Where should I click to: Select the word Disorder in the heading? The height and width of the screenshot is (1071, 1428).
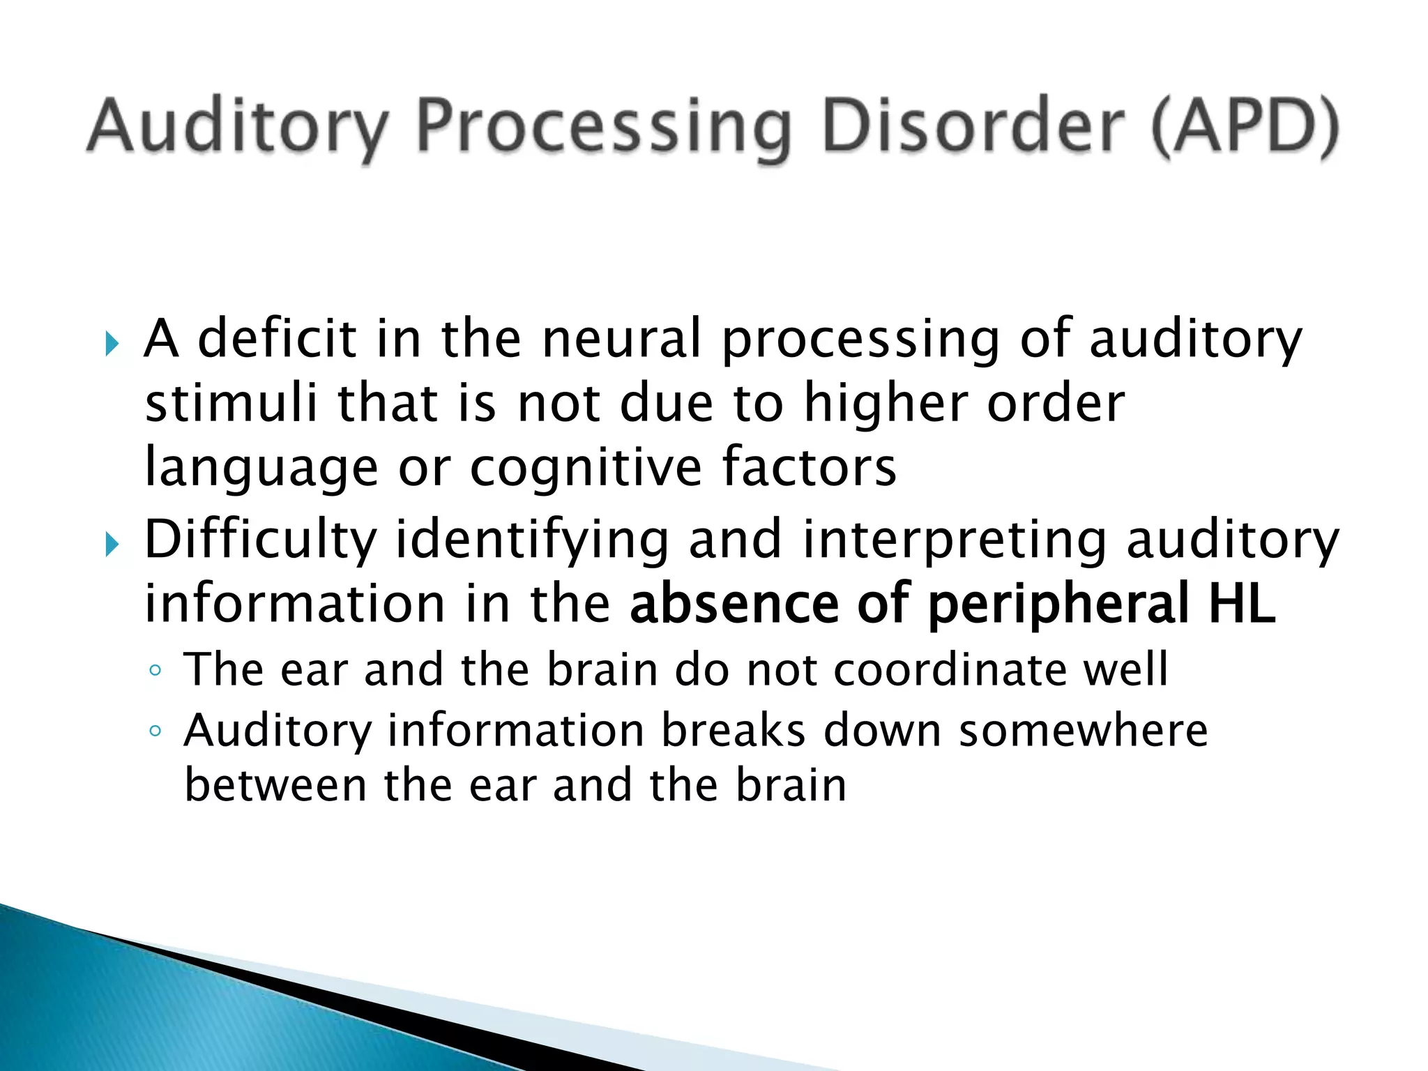coord(973,128)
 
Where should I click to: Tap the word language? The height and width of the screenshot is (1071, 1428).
coord(261,469)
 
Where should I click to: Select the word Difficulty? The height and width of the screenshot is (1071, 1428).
coord(260,540)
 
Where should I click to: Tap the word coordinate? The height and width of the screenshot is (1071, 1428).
coord(949,669)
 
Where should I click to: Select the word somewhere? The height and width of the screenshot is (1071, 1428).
coord(1083,731)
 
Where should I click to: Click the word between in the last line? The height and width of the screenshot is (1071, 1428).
coord(275,785)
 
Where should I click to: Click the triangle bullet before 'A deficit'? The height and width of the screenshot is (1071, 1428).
coord(112,343)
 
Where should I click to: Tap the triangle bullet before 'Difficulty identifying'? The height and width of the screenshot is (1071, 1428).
coord(112,544)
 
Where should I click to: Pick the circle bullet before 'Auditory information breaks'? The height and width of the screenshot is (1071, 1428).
coord(155,731)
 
